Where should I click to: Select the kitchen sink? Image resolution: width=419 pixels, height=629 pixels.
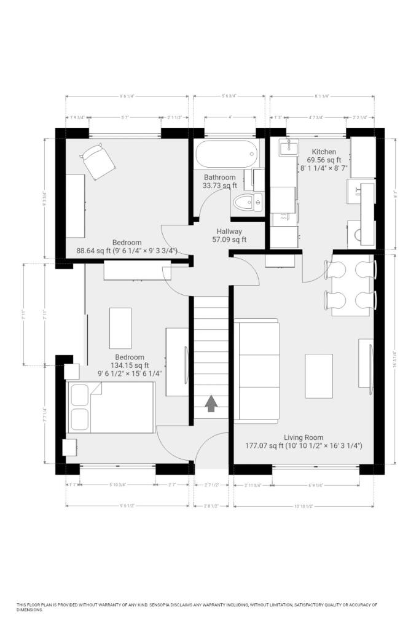tap(286, 147)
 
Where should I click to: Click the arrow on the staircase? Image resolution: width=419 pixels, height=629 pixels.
tap(211, 403)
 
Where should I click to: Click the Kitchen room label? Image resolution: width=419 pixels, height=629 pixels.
tap(324, 152)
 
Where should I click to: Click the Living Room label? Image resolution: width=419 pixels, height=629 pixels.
tap(303, 437)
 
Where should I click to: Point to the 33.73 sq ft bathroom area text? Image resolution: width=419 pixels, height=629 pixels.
tap(221, 186)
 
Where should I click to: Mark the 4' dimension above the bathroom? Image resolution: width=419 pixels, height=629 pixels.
tap(230, 117)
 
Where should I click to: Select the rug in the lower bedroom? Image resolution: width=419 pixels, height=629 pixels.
tap(120, 328)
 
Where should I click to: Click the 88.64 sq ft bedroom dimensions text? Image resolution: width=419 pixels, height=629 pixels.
tap(127, 251)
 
